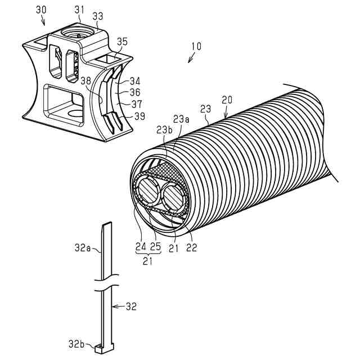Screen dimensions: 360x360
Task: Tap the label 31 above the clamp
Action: pos(79,9)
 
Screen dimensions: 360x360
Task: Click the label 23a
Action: pos(181,119)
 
